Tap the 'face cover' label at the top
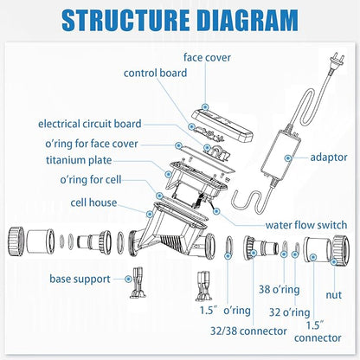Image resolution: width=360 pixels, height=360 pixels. [207, 57]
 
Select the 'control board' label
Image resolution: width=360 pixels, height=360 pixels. [155, 73]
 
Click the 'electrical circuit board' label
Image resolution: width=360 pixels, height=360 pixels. [90, 124]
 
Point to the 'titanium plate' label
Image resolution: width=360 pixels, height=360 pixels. [79, 160]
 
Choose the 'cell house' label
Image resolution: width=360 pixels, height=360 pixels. [93, 202]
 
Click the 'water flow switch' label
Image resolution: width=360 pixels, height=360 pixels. [306, 225]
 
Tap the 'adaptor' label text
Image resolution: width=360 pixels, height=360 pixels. [329, 157]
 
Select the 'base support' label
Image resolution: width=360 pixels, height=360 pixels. [80, 279]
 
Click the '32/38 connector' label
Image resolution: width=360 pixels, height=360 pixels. [248, 331]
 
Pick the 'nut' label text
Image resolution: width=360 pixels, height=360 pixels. [334, 295]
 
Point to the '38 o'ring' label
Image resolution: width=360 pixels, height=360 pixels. [279, 289]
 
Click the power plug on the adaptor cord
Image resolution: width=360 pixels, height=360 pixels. [335, 61]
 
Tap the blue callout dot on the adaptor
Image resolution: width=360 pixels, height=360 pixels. [287, 157]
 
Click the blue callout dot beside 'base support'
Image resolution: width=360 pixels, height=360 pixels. [128, 279]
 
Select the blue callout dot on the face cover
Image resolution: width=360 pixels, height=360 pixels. [205, 107]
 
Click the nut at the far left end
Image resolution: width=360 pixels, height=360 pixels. [16, 241]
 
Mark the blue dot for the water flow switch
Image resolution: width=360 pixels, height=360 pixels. [216, 211]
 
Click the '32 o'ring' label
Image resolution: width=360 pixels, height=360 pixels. [289, 312]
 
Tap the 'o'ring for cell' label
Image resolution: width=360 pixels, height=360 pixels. [91, 180]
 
